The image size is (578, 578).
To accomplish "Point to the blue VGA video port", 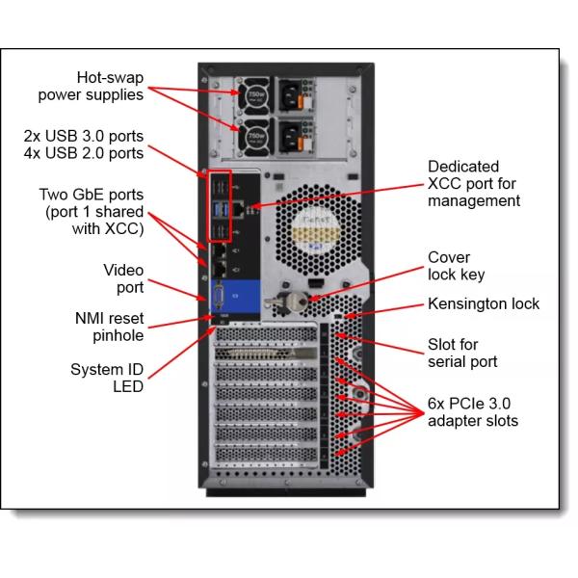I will [218, 298].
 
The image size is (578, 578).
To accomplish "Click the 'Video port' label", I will [122, 278].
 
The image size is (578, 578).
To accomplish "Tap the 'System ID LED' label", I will [106, 377].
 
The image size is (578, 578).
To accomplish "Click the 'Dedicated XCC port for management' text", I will [473, 183].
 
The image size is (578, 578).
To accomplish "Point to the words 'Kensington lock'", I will [484, 304].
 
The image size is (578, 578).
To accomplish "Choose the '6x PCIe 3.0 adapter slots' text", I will [473, 411].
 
